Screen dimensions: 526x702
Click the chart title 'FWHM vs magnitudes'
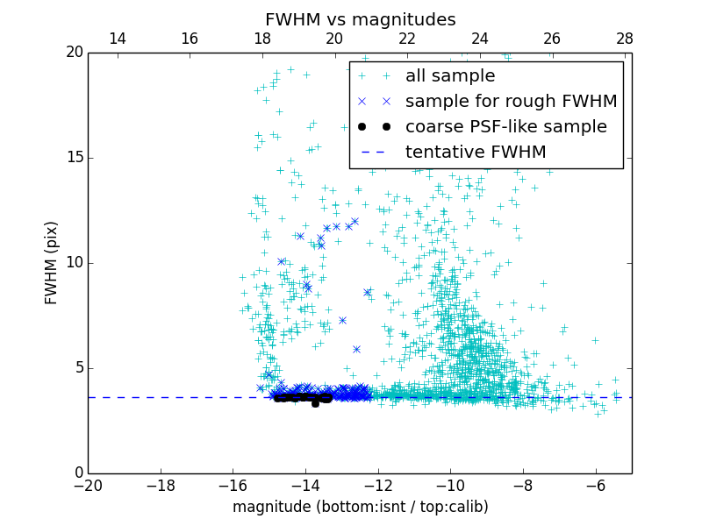pyautogui.click(x=360, y=19)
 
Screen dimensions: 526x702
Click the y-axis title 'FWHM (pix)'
pyautogui.click(x=52, y=262)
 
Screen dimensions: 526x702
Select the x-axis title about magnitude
pyautogui.click(x=360, y=507)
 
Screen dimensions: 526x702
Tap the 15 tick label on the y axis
pyautogui.click(x=74, y=158)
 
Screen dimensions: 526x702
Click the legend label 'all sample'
pyautogui.click(x=450, y=76)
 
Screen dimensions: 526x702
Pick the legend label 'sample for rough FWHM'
pyautogui.click(x=511, y=102)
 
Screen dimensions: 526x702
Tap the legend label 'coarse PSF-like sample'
pyautogui.click(x=505, y=127)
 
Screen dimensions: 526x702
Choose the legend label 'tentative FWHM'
pyautogui.click(x=476, y=153)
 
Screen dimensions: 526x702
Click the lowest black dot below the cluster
pyautogui.click(x=315, y=404)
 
